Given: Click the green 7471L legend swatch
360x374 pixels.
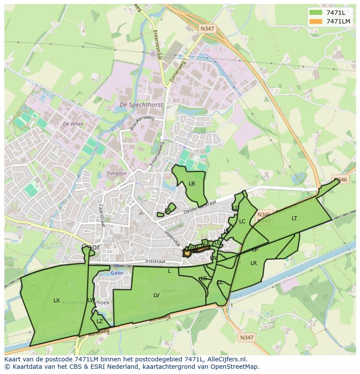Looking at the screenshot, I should [316, 13].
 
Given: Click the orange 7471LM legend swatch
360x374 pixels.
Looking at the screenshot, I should [316, 21].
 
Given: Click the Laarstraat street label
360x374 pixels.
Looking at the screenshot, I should [102, 216].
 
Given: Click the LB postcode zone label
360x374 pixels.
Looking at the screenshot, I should [192, 184].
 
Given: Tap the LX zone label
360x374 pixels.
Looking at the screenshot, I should [57, 301].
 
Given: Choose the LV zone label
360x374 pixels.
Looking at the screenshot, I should [157, 295].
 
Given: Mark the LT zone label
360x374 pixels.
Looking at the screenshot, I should [294, 218].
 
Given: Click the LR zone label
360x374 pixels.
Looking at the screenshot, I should [253, 263].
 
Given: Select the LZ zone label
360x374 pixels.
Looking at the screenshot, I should [100, 321].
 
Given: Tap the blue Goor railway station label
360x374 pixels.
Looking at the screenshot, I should [117, 273].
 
